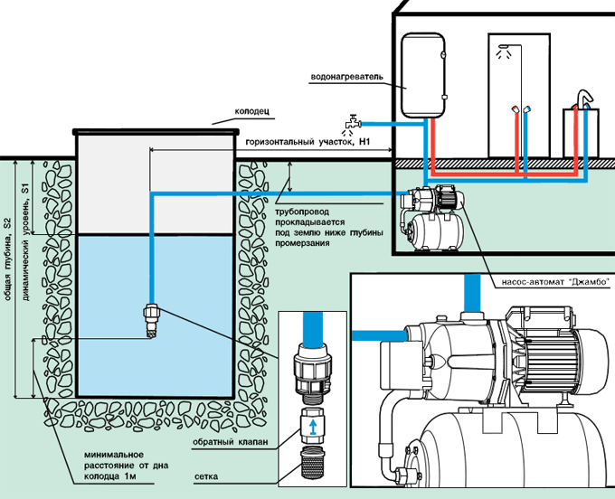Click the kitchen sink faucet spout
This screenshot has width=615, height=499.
[584, 97]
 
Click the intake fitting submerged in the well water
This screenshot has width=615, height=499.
[152, 319]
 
